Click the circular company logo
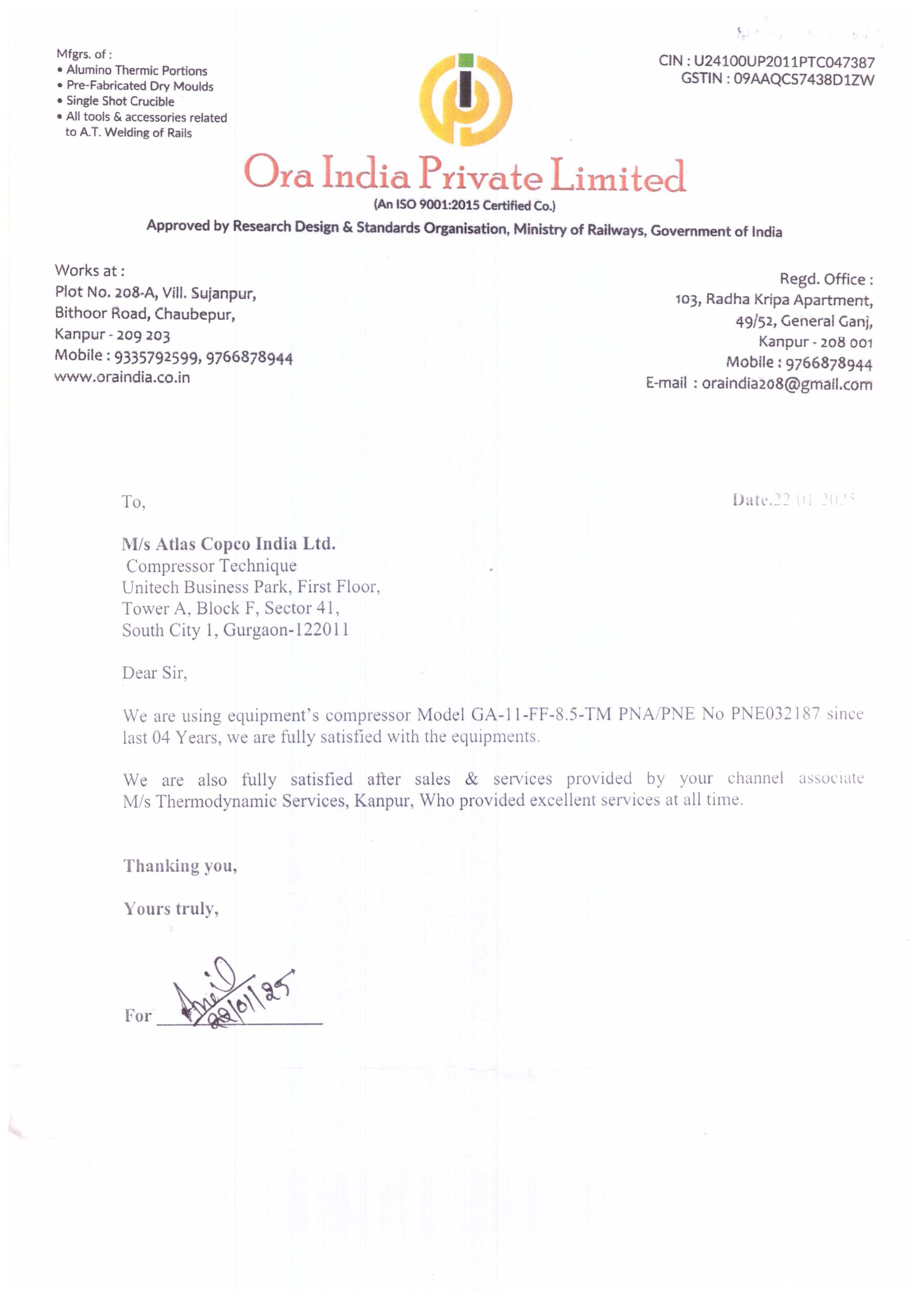(465, 100)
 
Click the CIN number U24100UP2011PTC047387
(784, 62)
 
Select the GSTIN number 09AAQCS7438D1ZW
(803, 79)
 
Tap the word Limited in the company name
(618, 176)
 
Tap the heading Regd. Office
(825, 279)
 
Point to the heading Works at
(89, 271)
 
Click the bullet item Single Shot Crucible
(120, 101)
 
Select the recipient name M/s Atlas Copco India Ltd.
(228, 544)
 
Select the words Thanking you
(180, 866)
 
